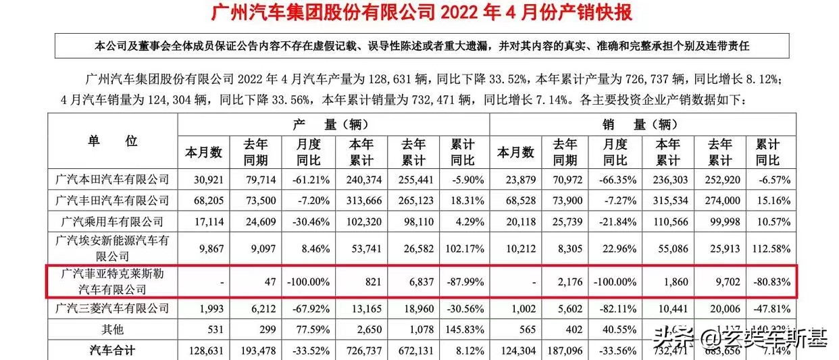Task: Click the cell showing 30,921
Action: pos(203,180)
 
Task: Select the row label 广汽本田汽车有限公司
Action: pos(112,180)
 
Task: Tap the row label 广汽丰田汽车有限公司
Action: pos(112,201)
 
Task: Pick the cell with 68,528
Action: pos(515,201)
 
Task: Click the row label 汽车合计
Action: pos(112,349)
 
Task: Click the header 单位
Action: pos(112,141)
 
